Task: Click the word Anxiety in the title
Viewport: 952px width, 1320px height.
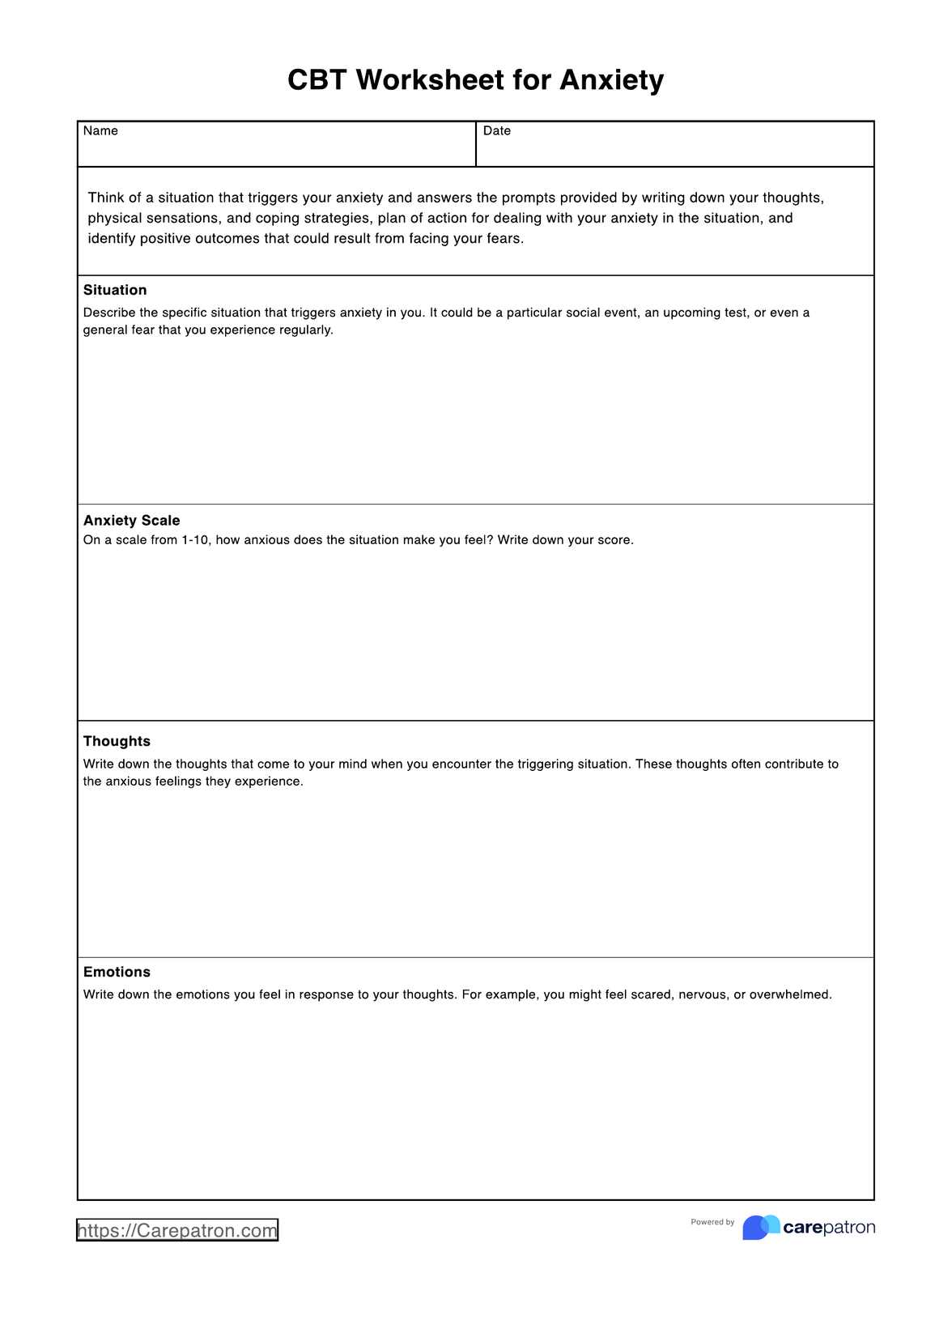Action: (x=611, y=80)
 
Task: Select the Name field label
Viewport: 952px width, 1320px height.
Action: (x=100, y=131)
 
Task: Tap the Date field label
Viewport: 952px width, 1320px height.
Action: (x=497, y=131)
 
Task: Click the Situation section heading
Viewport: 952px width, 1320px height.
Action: (x=115, y=290)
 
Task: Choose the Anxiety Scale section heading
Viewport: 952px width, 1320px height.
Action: (x=131, y=521)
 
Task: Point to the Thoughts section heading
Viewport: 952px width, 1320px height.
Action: (x=117, y=741)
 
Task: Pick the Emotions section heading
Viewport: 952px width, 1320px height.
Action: (x=117, y=972)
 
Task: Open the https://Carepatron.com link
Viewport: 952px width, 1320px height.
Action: (x=177, y=1230)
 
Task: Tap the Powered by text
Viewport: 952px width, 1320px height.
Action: (x=712, y=1222)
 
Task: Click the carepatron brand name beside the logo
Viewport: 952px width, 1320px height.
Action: (x=829, y=1228)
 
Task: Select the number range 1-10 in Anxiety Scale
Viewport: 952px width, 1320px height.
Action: (x=194, y=540)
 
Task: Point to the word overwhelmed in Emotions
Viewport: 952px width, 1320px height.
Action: (x=789, y=994)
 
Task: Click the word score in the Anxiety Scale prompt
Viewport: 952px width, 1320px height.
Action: (x=614, y=540)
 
